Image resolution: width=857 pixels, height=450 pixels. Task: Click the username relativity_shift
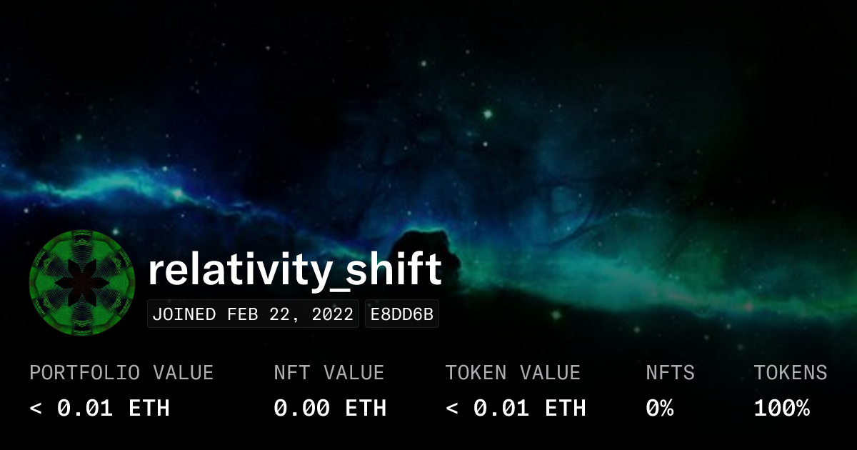point(295,271)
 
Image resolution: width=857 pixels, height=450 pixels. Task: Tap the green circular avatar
point(82,283)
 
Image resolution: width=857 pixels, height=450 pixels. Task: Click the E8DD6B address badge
point(402,314)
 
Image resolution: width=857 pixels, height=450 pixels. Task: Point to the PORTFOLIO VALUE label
point(121,372)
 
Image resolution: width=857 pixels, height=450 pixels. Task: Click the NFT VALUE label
point(329,372)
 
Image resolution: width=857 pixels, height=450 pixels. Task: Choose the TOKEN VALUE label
point(513,372)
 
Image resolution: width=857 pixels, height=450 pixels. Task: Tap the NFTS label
point(670,372)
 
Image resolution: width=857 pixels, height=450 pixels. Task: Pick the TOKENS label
point(791,372)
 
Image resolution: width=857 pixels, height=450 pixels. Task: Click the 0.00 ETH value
point(330,408)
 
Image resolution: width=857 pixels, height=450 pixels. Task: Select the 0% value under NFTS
point(660,408)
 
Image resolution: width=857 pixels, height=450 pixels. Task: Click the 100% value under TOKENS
point(782,408)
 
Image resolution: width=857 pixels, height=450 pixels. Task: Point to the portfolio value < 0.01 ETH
point(100,408)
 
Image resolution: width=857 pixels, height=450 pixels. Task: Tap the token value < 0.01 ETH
point(516,408)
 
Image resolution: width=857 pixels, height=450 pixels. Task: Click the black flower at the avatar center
point(82,283)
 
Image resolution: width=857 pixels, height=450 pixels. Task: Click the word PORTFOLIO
point(79,372)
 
